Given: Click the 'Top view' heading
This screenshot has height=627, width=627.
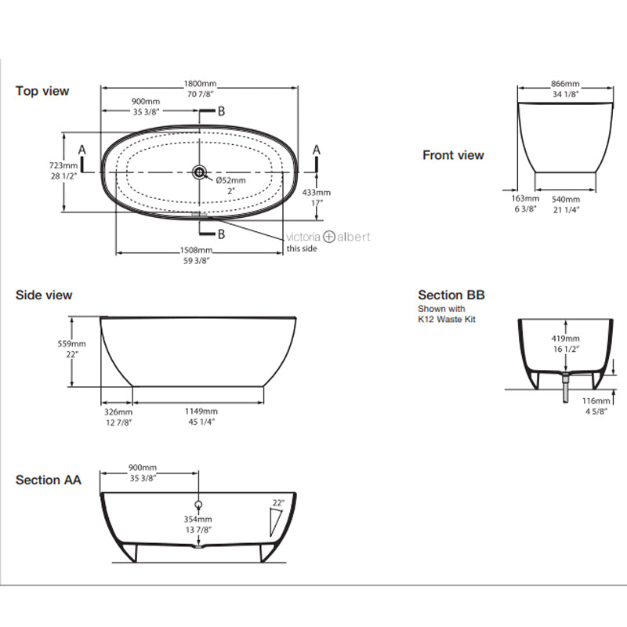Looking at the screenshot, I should (x=42, y=91).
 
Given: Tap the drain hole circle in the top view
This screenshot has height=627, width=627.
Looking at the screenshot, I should (x=199, y=171).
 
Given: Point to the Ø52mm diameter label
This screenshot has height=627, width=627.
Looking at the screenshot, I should (x=230, y=181).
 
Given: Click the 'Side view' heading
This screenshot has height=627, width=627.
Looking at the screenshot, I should (x=44, y=295).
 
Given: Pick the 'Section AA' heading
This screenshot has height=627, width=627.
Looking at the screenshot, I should (x=49, y=480).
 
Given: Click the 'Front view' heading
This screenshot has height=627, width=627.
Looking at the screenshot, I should (x=453, y=155).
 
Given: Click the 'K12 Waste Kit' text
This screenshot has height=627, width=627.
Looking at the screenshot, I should (x=447, y=319).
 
